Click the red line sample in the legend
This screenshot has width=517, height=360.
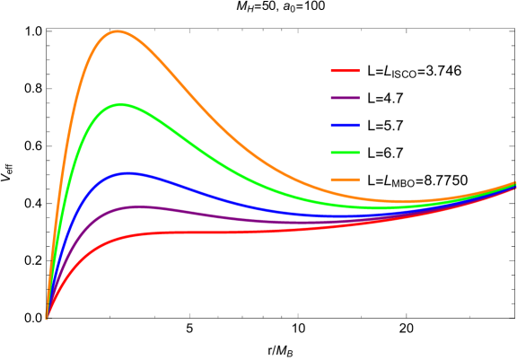pos(345,70)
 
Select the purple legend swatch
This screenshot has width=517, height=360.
pos(345,98)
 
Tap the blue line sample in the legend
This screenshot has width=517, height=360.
pos(345,125)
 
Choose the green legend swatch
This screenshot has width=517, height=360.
pos(345,153)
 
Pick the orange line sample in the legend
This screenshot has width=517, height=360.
pos(345,180)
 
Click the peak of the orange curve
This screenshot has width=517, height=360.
pos(117,31)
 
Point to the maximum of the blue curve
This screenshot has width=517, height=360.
pos(128,173)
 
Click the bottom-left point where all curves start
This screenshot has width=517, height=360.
pos(47,317)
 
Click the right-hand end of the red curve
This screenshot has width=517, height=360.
pos(514,188)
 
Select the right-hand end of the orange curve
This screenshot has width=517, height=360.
pos(514,182)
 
